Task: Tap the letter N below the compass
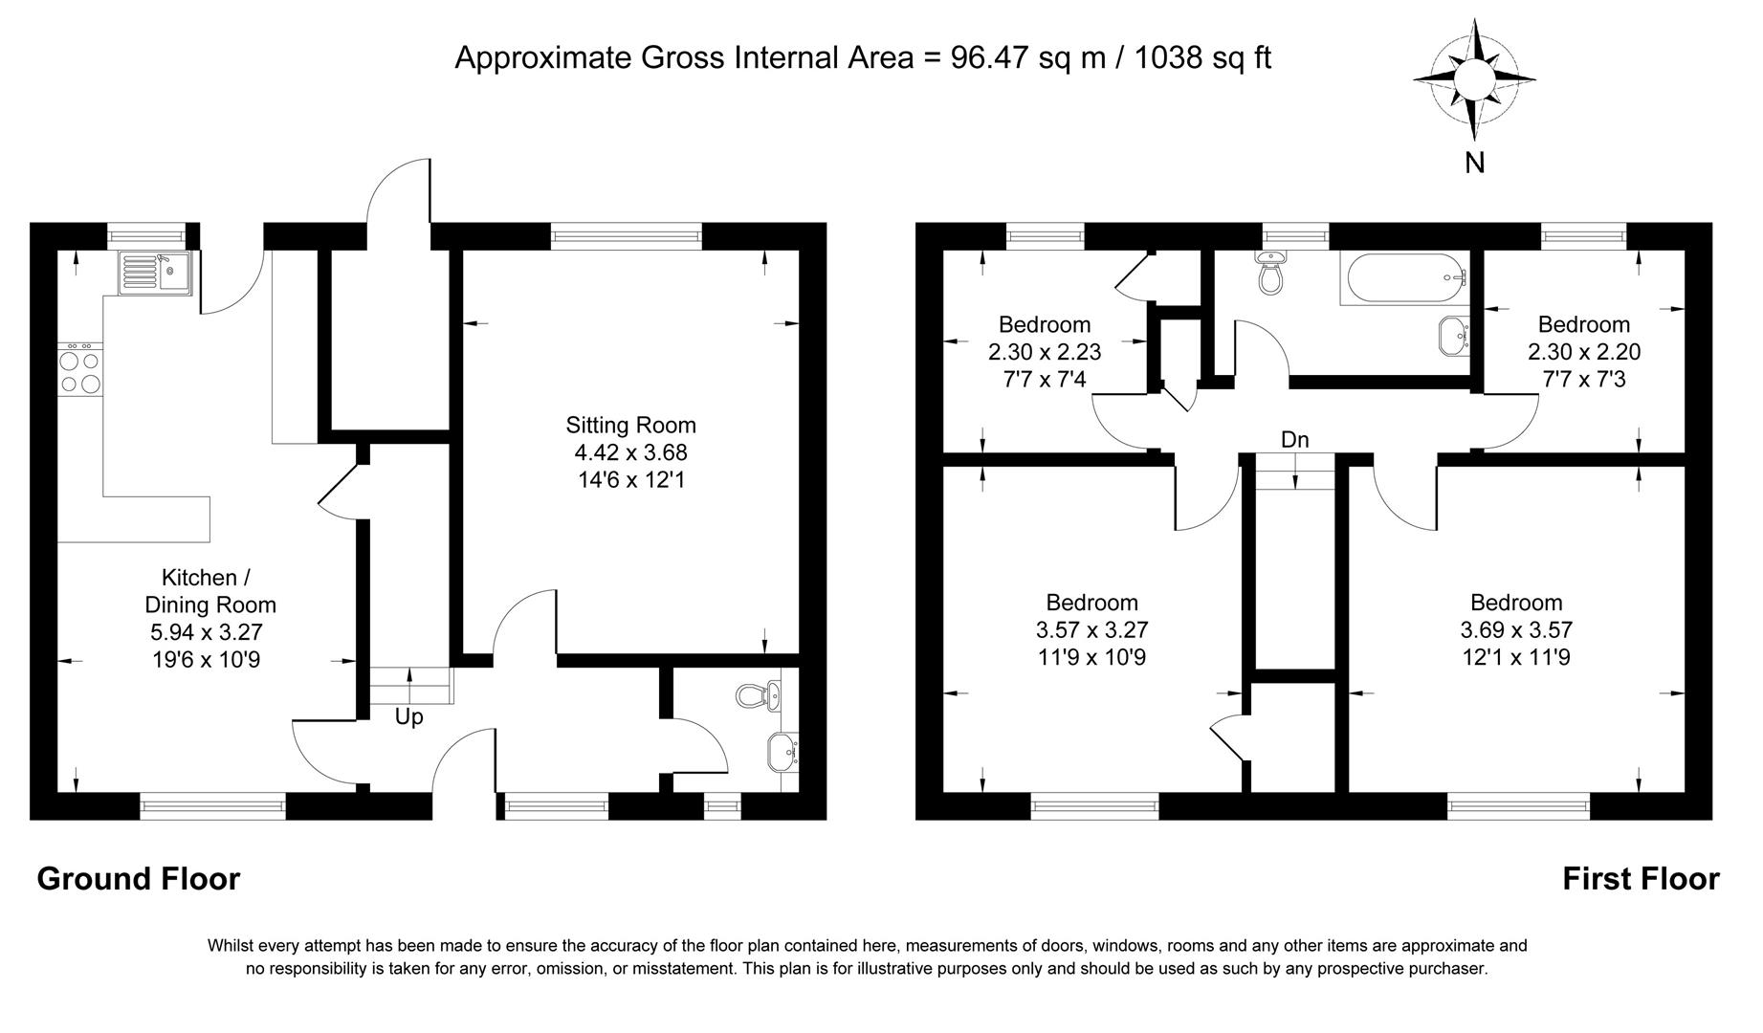pos(1475,164)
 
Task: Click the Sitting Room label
pos(630,425)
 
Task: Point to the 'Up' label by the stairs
pos(409,716)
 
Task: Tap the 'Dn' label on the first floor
pos(1294,440)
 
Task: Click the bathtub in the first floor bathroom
pos(1403,278)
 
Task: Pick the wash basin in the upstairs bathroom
pos(1454,336)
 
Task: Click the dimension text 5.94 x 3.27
pos(206,631)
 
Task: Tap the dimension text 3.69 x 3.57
pos(1516,629)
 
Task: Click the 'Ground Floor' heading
pos(138,878)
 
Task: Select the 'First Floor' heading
pos(1640,878)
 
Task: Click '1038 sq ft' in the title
pos(1202,57)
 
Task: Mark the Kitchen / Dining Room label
pos(209,591)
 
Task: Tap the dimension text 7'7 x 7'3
pos(1583,380)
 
